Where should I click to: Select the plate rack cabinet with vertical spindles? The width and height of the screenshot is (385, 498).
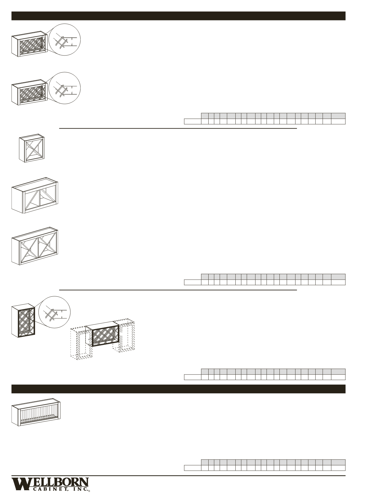pyautogui.click(x=36, y=412)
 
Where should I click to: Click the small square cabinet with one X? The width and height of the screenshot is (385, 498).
pyautogui.click(x=31, y=148)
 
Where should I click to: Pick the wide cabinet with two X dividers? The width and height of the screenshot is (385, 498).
pyautogui.click(x=35, y=247)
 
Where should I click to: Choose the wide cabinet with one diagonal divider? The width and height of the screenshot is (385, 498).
pyautogui.click(x=35, y=195)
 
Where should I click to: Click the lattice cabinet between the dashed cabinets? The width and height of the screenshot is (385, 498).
pyautogui.click(x=103, y=334)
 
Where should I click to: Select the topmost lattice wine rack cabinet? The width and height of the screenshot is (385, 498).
pyautogui.click(x=29, y=44)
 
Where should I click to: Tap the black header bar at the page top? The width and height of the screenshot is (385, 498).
pyautogui.click(x=178, y=16)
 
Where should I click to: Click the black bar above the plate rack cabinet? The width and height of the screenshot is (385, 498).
pyautogui.click(x=178, y=389)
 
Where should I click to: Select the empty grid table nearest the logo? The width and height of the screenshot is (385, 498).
pyautogui.click(x=265, y=465)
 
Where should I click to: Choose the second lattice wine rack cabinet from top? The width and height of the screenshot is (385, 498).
pyautogui.click(x=29, y=93)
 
